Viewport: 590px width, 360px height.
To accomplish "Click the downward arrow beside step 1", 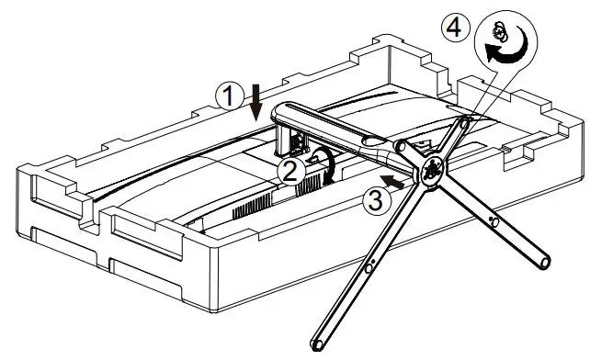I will click(256, 99).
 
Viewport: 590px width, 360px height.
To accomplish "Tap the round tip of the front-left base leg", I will click(318, 344).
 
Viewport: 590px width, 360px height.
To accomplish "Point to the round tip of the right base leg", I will click(545, 263).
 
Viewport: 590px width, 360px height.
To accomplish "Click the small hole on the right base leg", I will click(495, 221).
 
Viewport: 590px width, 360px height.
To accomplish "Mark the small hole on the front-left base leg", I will click(368, 268).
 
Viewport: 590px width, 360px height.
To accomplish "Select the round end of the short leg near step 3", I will click(400, 144).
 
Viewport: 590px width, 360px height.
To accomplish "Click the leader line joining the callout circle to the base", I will click(487, 88).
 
